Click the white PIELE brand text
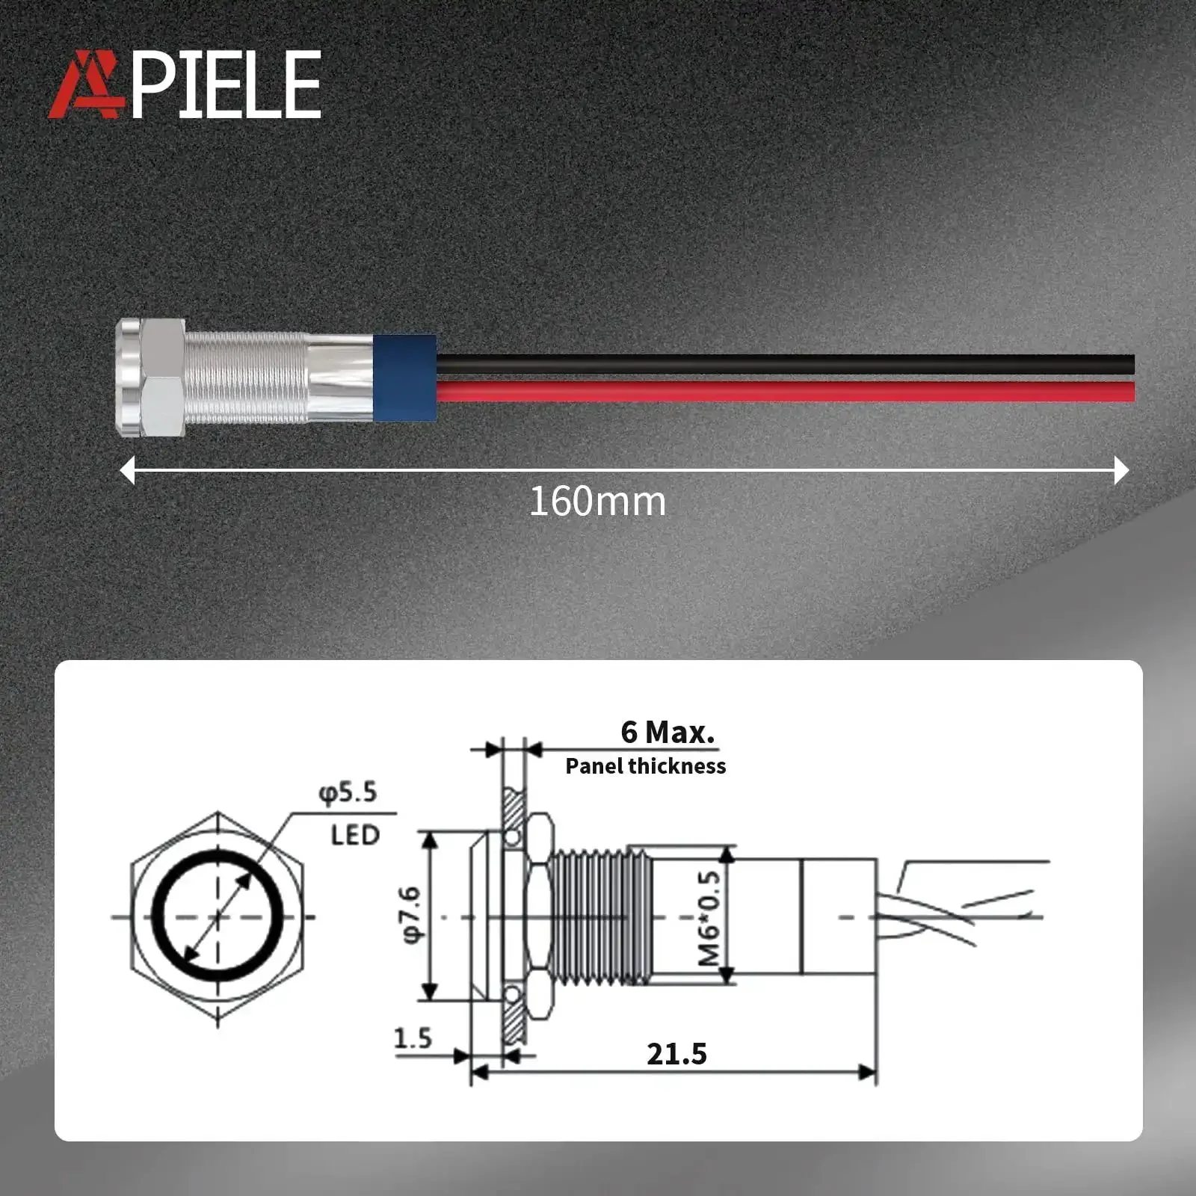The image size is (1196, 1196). point(226,84)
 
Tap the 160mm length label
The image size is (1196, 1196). point(597,502)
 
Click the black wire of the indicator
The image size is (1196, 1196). point(786,364)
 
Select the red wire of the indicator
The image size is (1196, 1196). point(786,391)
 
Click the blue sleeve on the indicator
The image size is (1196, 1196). point(404,377)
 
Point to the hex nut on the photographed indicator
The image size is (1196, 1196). point(163,377)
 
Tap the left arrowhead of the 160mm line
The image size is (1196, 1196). point(128,470)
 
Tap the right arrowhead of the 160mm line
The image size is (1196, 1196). point(1121,470)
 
